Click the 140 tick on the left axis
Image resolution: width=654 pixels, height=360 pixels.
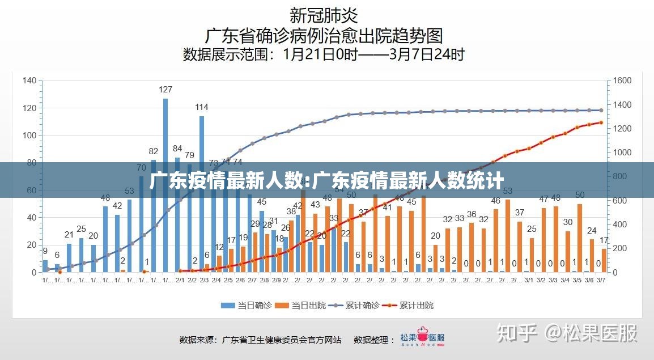[29, 81]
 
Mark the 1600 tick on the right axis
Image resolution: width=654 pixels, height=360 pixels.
[622, 81]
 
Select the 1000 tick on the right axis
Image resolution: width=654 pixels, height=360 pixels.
[622, 153]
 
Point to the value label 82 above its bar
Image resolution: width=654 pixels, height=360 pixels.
[154, 151]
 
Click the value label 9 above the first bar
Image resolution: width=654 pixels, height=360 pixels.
[45, 251]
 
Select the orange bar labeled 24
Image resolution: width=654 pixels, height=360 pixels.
[592, 256]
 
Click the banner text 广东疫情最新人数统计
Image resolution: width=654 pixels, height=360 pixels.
[326, 181]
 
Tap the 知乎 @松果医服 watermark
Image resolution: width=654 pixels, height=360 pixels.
[567, 333]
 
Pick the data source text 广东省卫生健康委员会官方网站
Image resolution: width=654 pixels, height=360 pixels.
[282, 340]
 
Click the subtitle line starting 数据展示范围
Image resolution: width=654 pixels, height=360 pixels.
[324, 54]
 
